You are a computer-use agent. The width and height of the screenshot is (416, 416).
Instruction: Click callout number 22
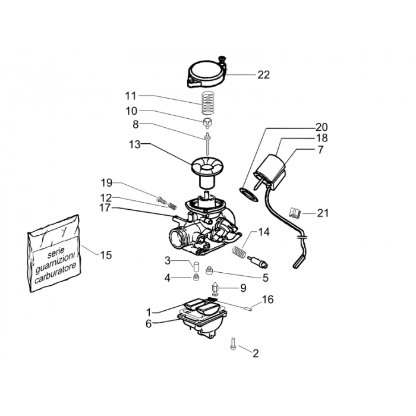263,75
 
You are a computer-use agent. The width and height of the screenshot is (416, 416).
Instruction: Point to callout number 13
134,144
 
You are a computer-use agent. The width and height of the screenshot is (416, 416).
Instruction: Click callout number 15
105,255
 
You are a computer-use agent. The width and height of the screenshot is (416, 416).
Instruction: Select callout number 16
267,300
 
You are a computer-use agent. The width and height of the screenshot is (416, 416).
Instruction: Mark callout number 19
106,182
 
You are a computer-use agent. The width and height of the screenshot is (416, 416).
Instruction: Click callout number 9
242,288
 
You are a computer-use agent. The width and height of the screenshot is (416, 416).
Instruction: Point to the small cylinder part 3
194,266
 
